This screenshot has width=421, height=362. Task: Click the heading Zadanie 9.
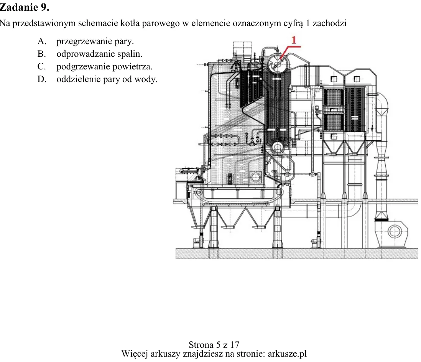[24, 7]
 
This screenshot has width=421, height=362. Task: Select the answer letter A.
[42, 41]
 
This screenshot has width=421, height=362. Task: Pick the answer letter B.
[42, 54]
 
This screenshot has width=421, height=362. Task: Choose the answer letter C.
[42, 66]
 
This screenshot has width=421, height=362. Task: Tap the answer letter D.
[42, 79]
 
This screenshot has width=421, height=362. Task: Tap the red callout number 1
[294, 40]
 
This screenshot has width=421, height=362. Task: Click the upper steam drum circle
[278, 63]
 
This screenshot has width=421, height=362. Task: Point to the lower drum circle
[277, 147]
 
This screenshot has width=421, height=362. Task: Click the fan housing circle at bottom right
[395, 231]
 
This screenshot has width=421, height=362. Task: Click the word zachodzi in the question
[330, 23]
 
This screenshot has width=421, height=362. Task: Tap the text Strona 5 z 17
[214, 344]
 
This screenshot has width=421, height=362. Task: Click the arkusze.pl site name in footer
[287, 354]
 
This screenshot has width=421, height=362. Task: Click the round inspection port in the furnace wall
[256, 177]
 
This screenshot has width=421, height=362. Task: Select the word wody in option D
[148, 79]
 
